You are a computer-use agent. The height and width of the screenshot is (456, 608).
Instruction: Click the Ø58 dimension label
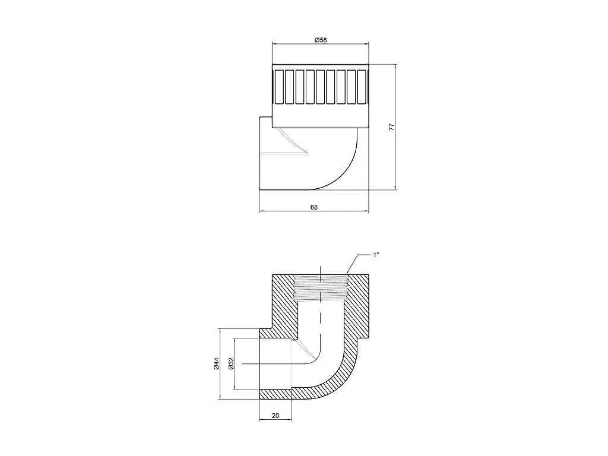(x=321, y=40)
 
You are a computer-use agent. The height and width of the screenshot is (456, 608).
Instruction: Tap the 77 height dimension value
(x=391, y=127)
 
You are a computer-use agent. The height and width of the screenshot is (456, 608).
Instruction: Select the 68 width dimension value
(x=313, y=207)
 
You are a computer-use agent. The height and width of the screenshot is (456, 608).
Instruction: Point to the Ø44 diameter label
(x=216, y=363)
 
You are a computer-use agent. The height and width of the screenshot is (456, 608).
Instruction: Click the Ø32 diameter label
(x=231, y=363)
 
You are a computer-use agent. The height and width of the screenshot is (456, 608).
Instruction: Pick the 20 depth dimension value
(x=275, y=416)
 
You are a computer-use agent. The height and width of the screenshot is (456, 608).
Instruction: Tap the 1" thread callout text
(x=376, y=255)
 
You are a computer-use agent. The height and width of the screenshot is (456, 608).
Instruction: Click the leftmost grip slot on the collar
(x=279, y=87)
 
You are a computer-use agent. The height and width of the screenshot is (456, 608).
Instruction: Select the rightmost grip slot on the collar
(x=362, y=87)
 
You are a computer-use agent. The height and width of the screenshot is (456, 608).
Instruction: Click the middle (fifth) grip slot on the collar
(x=320, y=87)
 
